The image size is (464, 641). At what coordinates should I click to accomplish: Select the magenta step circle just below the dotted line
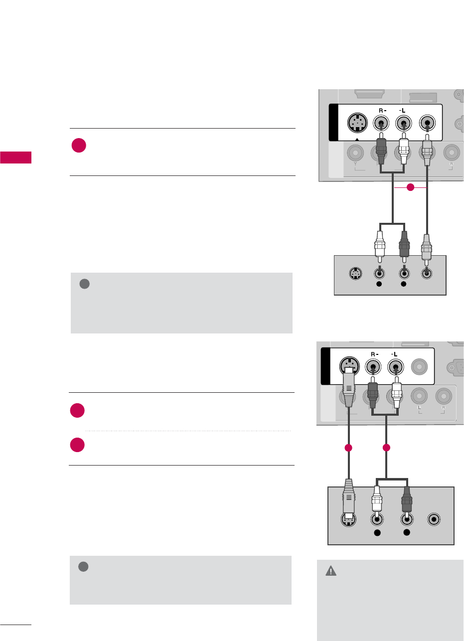coord(78,445)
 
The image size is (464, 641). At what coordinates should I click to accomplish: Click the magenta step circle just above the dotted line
coord(78,411)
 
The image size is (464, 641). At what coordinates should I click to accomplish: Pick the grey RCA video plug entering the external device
coord(427,248)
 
